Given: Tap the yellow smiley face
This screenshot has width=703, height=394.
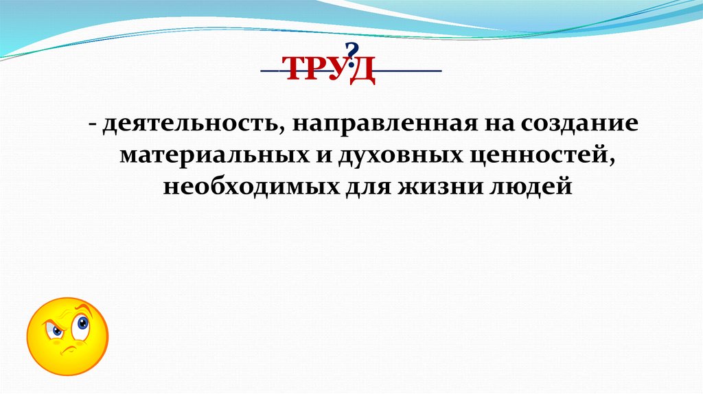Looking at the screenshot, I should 67,336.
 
